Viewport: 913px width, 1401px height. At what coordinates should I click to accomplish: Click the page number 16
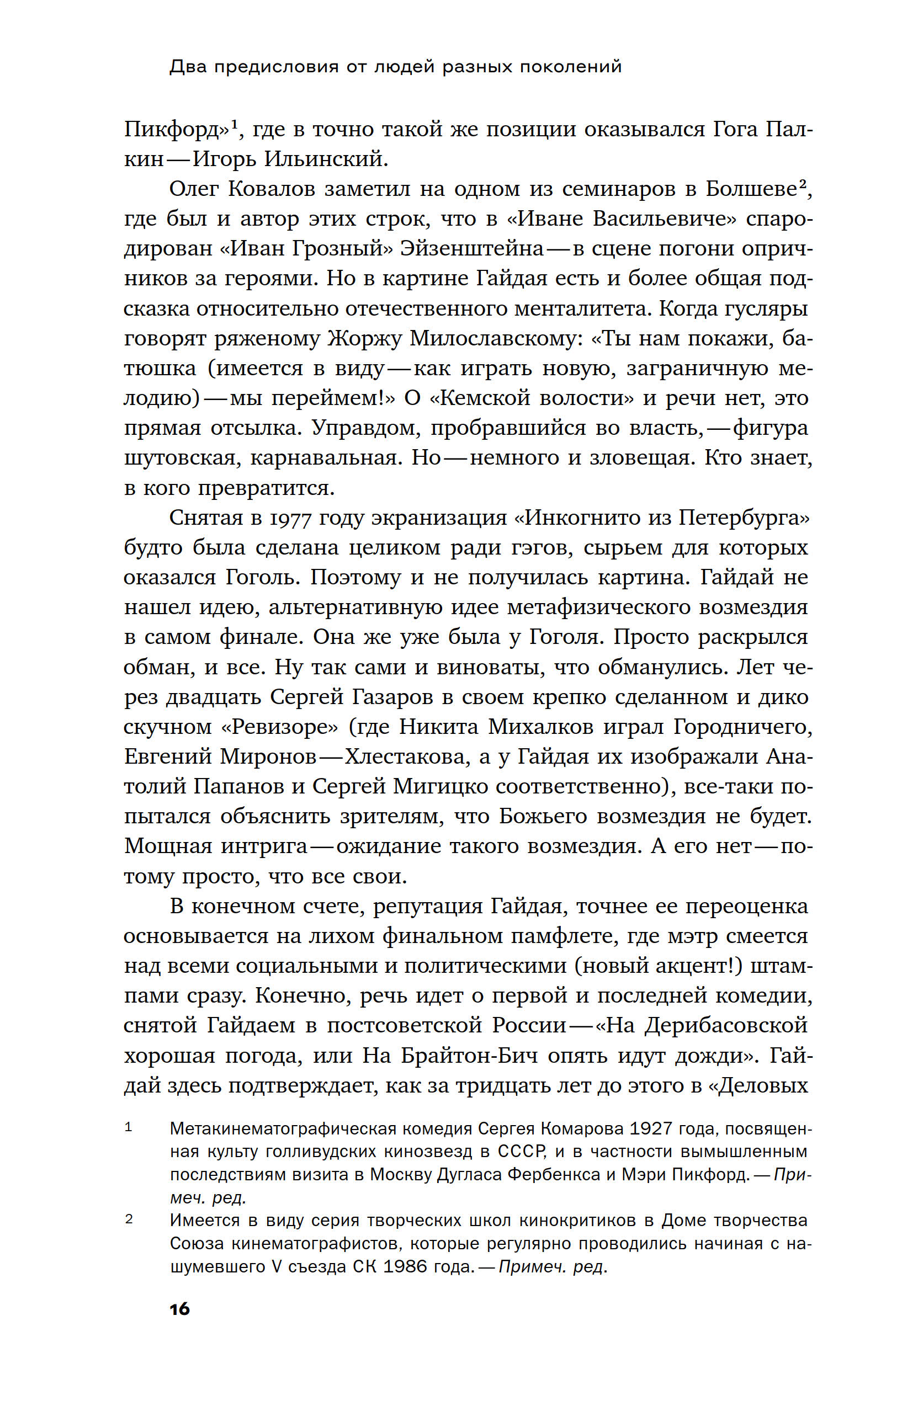point(179,1309)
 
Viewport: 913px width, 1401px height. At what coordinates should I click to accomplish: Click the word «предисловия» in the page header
point(276,67)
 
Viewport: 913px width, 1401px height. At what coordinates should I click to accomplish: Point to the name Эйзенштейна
point(471,248)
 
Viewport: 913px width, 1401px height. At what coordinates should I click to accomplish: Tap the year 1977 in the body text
point(289,518)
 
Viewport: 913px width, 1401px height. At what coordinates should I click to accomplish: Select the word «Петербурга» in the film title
point(744,518)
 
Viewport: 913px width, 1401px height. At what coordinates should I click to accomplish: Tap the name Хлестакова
point(407,757)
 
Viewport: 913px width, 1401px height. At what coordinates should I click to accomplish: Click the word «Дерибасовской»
point(726,1025)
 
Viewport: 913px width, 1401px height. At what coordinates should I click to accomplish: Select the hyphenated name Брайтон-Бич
point(469,1055)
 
